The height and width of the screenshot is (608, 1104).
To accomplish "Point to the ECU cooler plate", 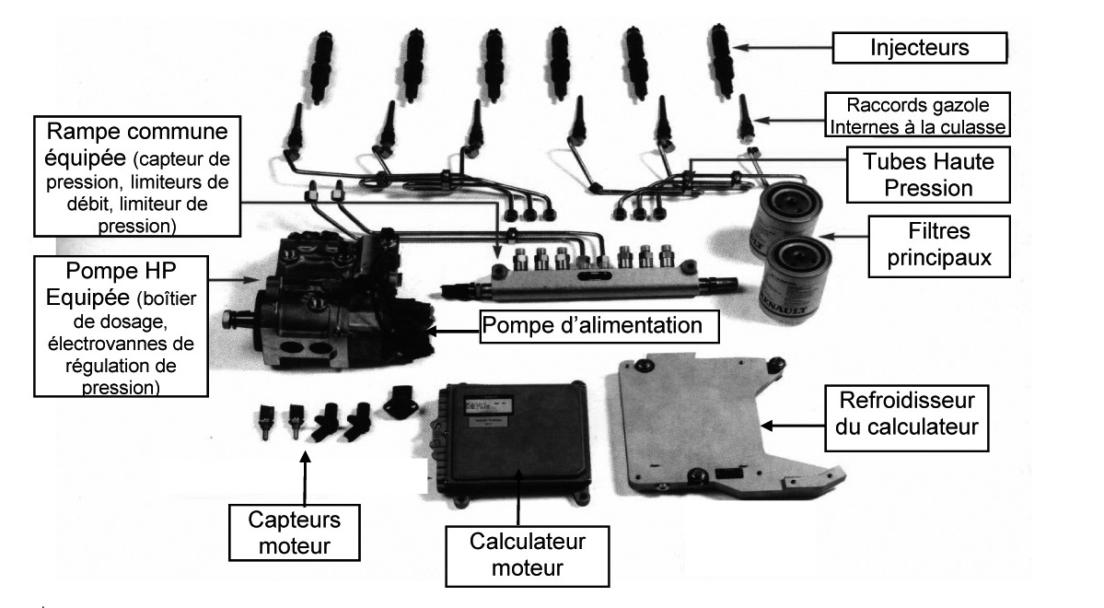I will point(700,415).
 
